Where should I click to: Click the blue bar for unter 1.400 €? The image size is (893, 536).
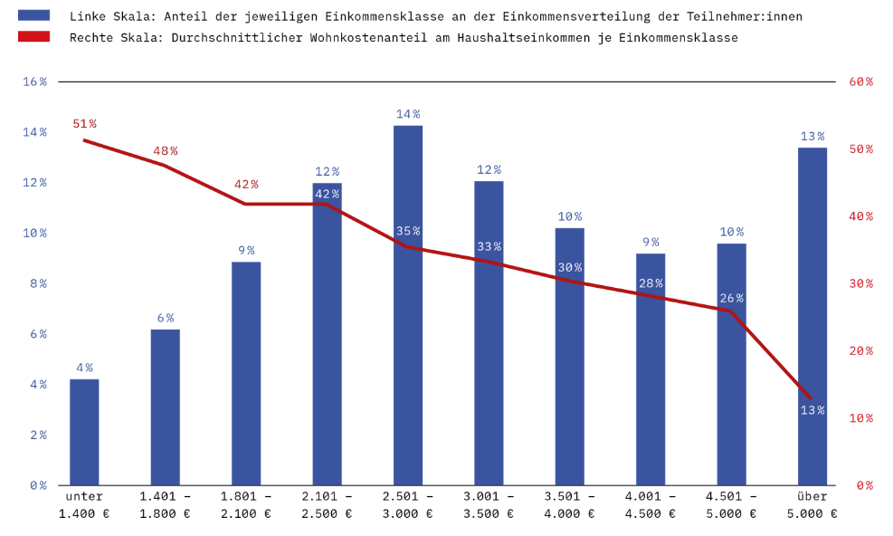pyautogui.click(x=84, y=432)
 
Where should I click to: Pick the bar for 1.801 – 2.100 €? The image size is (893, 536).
pyautogui.click(x=246, y=373)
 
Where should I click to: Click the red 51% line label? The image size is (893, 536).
pyautogui.click(x=85, y=124)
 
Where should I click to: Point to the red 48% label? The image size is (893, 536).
pyautogui.click(x=166, y=151)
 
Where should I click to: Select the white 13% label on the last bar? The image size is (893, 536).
pyautogui.click(x=812, y=410)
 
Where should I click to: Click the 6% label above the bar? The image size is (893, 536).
pyautogui.click(x=165, y=318)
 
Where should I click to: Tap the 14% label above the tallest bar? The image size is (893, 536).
pyautogui.click(x=408, y=114)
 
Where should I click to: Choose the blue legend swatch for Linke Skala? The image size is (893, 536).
pyautogui.click(x=33, y=16)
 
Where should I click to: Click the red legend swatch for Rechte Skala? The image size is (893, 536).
pyautogui.click(x=33, y=37)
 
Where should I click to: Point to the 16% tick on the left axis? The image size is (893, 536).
pyautogui.click(x=35, y=81)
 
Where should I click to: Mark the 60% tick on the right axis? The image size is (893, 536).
pyautogui.click(x=860, y=81)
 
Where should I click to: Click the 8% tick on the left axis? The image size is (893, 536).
pyautogui.click(x=37, y=283)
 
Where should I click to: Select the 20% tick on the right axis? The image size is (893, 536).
pyautogui.click(x=860, y=350)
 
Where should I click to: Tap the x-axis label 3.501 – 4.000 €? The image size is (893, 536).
pyautogui.click(x=570, y=505)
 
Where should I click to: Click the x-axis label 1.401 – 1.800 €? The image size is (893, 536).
pyautogui.click(x=165, y=505)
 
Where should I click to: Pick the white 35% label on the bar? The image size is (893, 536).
pyautogui.click(x=408, y=231)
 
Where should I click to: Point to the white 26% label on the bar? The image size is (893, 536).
pyautogui.click(x=732, y=298)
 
